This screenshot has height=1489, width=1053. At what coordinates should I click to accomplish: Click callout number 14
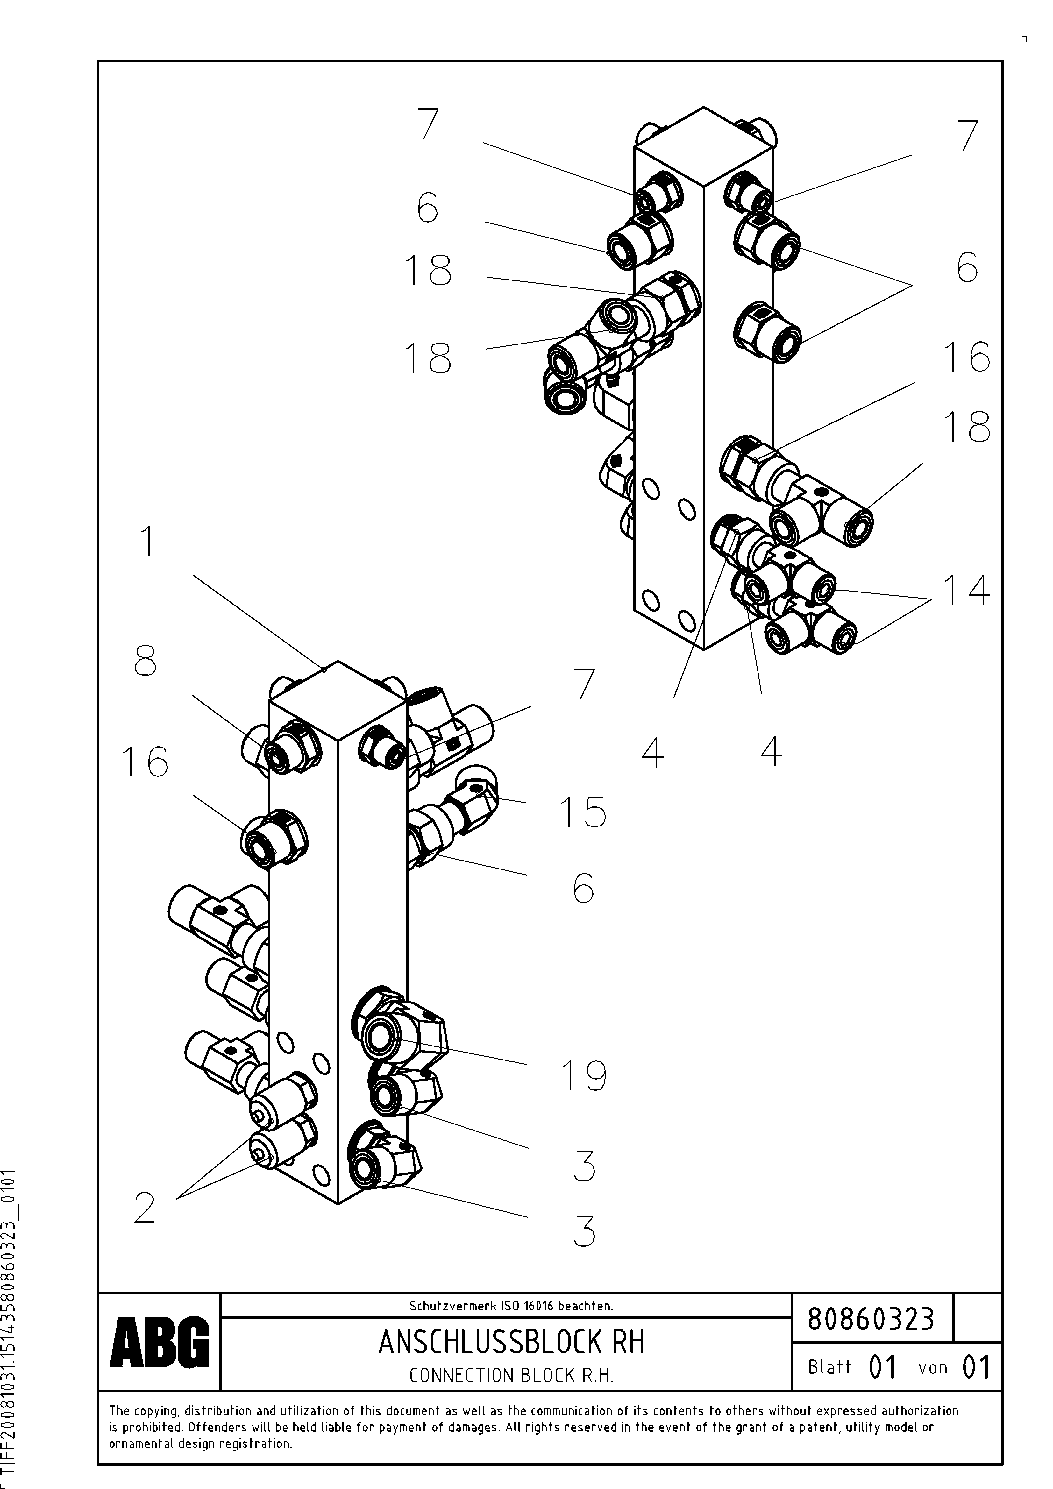coord(967,591)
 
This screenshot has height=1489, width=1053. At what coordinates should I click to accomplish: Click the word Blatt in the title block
coord(829,1367)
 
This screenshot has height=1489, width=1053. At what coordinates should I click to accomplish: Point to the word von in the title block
coord(932,1368)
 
